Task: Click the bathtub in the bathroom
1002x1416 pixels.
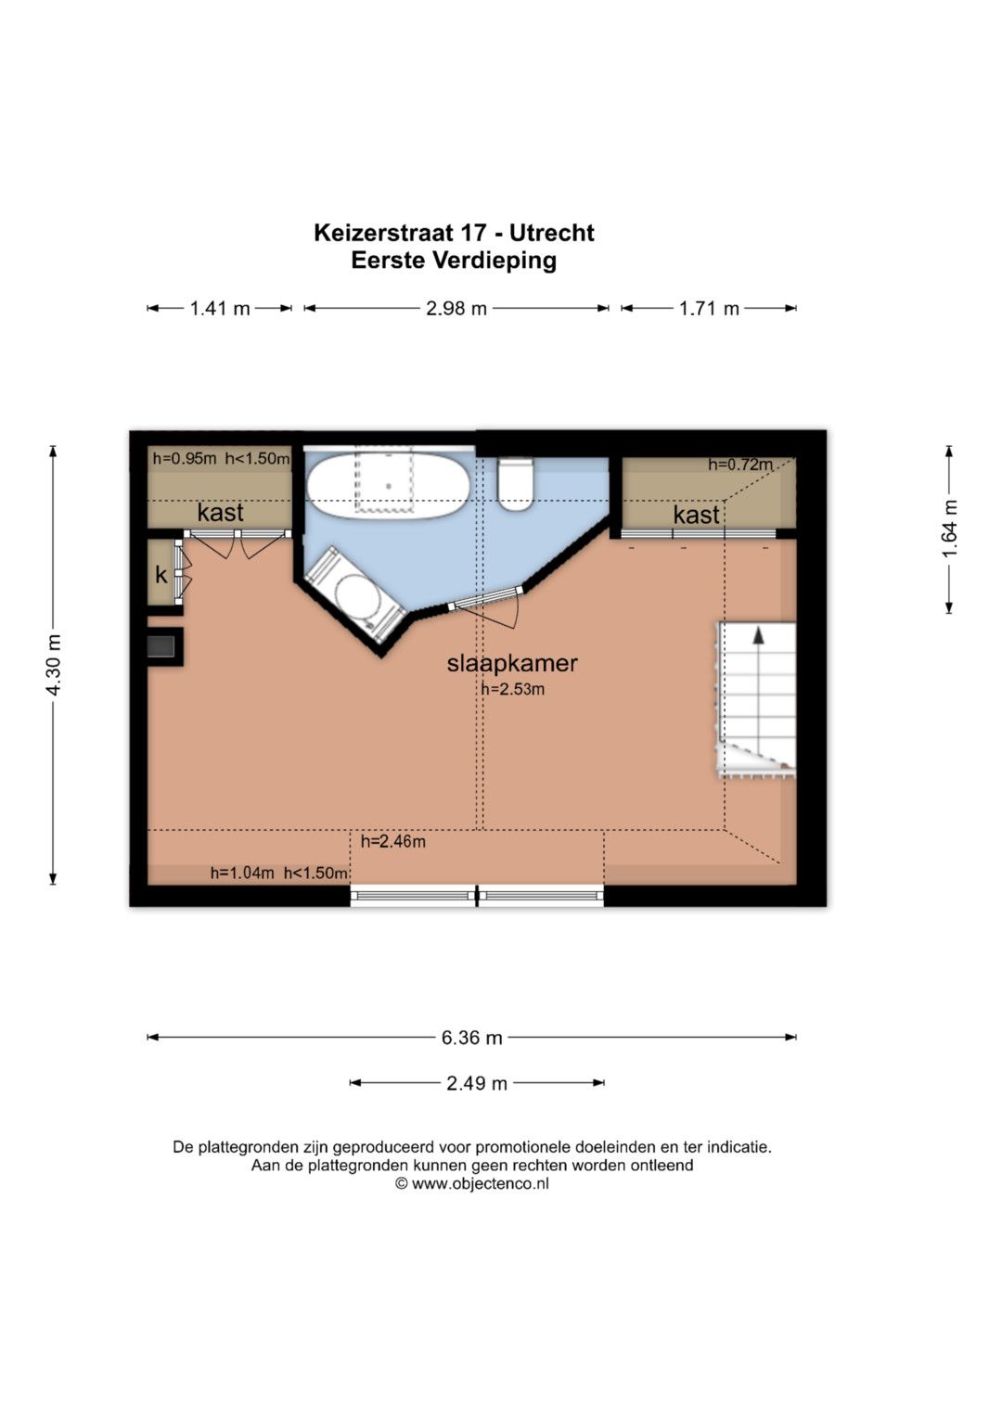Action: click(389, 487)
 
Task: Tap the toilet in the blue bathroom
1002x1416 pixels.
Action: click(516, 483)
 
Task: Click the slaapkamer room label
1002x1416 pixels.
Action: click(512, 663)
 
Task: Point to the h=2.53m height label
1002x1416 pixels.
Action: click(512, 689)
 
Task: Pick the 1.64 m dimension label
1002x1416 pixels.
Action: click(949, 529)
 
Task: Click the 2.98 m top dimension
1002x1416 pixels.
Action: click(456, 309)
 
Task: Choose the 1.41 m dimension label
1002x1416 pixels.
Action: click(220, 309)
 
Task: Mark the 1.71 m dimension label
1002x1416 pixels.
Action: click(709, 309)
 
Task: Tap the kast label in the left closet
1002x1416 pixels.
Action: click(220, 513)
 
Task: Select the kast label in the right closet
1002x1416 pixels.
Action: click(697, 515)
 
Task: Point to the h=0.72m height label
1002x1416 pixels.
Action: click(740, 465)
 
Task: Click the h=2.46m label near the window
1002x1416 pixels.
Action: click(392, 841)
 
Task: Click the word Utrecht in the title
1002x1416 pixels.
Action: click(552, 234)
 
